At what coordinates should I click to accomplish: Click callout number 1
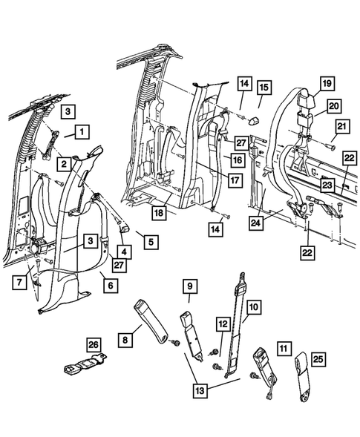click(81, 133)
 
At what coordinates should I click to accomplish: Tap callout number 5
click(151, 242)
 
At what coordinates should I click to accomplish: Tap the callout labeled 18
click(159, 212)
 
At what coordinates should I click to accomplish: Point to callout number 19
click(326, 83)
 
